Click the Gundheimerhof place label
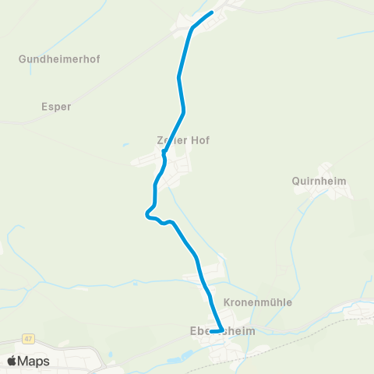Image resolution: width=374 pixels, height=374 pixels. pos(60,58)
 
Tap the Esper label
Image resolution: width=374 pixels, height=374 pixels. pos(55,107)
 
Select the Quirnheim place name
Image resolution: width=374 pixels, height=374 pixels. pos(319,181)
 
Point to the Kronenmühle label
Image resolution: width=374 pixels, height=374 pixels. pos(258,302)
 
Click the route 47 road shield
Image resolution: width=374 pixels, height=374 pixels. pos(29,339)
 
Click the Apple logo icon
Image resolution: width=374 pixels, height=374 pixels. pos(13,361)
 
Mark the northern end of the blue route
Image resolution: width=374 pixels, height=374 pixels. pos(212,13)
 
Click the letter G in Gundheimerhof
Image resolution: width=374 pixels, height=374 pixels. pos(23,58)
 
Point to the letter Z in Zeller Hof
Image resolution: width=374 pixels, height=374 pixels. pos(161,140)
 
